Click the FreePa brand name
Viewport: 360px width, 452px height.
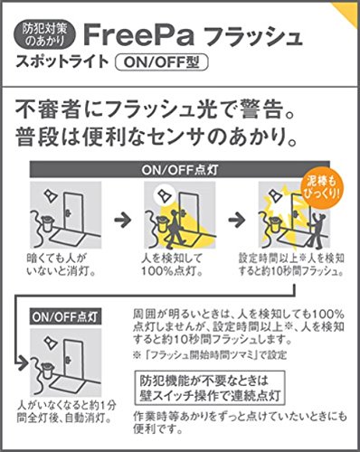[x=138, y=35]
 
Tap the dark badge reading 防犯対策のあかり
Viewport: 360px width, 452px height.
[x=45, y=35]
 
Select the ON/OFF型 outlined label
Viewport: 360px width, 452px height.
[x=162, y=62]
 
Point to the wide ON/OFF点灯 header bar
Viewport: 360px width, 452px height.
[x=180, y=170]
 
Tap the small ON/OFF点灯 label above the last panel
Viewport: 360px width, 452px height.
[x=66, y=316]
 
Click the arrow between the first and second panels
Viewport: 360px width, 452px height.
[x=123, y=220]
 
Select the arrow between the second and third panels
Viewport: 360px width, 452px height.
[x=237, y=220]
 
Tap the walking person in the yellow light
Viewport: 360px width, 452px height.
[x=173, y=229]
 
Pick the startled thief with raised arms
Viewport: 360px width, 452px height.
[x=317, y=230]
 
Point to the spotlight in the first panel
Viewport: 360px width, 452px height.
[x=51, y=196]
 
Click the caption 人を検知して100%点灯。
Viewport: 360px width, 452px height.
[x=172, y=264]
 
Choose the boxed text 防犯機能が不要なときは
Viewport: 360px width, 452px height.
[x=204, y=381]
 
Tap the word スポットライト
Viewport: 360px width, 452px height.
[x=62, y=62]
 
